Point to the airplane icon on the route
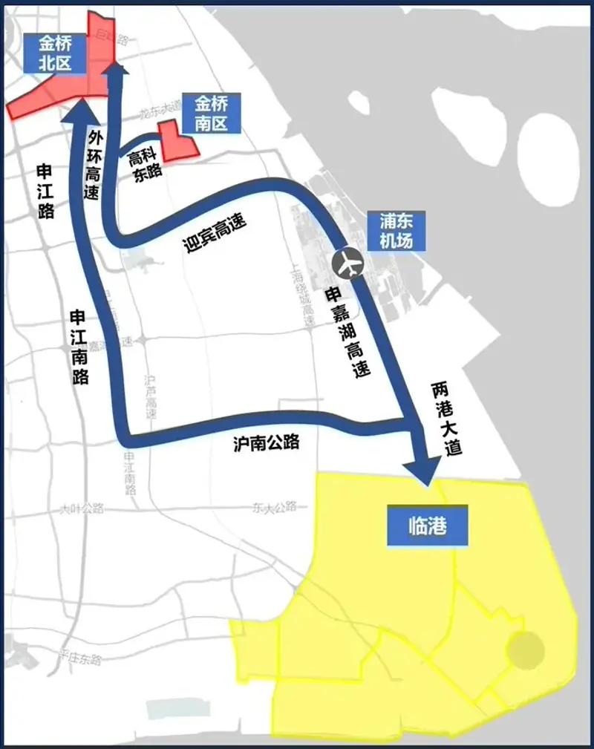(347, 262)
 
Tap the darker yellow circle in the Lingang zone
(525, 650)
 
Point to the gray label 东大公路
(274, 507)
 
